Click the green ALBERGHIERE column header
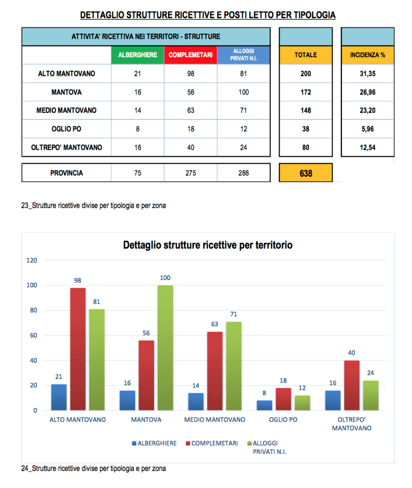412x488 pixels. pyautogui.click(x=137, y=55)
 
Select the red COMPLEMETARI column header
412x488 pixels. pyautogui.click(x=190, y=55)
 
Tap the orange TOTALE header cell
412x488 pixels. pyautogui.click(x=306, y=55)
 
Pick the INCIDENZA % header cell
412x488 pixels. pyautogui.click(x=368, y=55)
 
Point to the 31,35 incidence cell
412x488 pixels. pyautogui.click(x=368, y=73)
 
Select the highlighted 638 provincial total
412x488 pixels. pyautogui.click(x=306, y=173)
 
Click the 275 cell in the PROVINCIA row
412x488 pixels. pyautogui.click(x=190, y=173)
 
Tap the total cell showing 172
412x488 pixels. pyautogui.click(x=306, y=92)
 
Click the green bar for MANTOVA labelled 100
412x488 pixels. pyautogui.click(x=165, y=348)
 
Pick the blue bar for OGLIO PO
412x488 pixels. pyautogui.click(x=264, y=406)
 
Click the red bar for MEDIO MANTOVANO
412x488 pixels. pyautogui.click(x=214, y=371)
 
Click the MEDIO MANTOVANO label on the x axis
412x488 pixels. pyautogui.click(x=215, y=420)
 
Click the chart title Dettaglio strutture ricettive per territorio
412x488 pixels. pyautogui.click(x=208, y=245)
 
